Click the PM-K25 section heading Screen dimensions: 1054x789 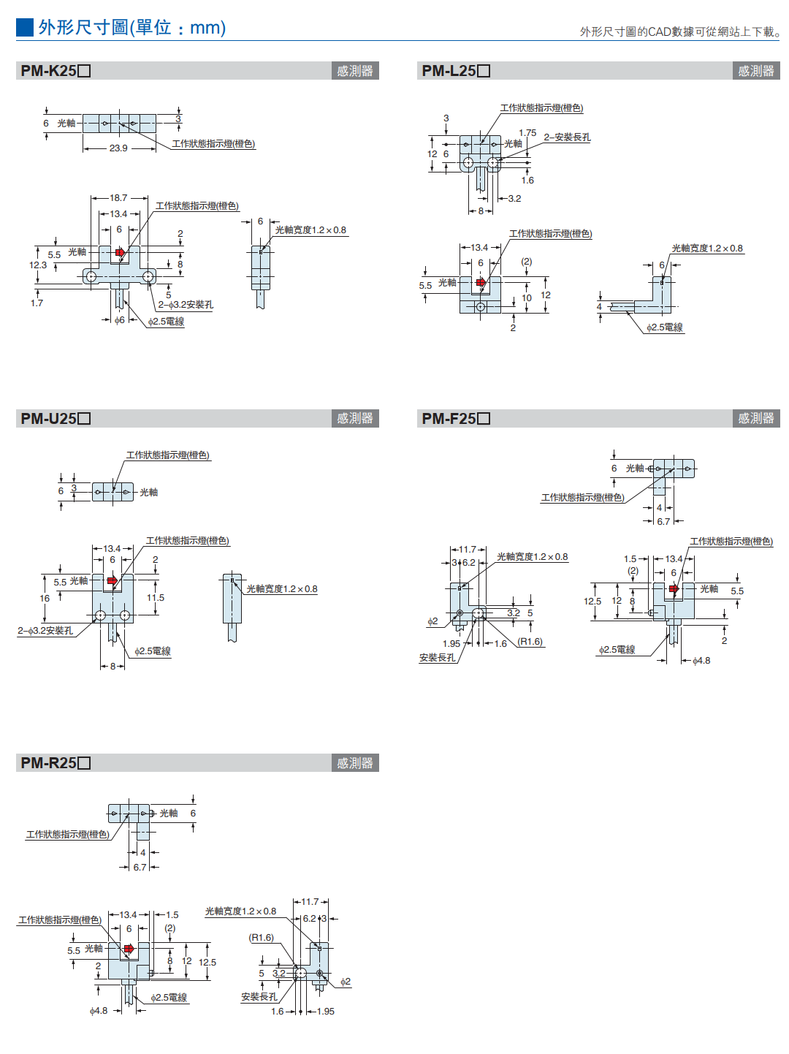click(56, 71)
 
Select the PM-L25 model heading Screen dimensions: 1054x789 click(456, 71)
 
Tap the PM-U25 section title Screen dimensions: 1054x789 click(56, 419)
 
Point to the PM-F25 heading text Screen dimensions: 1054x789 click(456, 419)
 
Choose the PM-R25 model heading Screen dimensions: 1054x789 click(56, 763)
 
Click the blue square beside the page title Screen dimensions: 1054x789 click(25, 28)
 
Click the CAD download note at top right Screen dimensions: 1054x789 click(679, 31)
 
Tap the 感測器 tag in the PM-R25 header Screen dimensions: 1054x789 click(355, 763)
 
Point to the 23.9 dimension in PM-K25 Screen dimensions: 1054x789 click(118, 148)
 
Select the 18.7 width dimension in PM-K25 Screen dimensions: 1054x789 click(118, 198)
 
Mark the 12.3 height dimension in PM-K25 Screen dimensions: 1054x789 click(38, 265)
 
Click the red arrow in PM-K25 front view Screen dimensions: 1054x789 click(121, 253)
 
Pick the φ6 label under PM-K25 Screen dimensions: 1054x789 click(119, 320)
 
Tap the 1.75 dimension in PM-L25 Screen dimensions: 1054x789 click(527, 133)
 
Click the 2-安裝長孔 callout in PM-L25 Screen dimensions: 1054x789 click(567, 137)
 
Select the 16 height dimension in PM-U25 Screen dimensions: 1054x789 click(45, 599)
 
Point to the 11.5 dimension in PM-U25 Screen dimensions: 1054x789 click(156, 598)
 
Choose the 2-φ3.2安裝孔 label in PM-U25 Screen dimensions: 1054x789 click(45, 631)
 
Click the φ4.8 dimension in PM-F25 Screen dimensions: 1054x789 click(701, 661)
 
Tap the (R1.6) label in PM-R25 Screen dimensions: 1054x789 click(261, 938)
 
